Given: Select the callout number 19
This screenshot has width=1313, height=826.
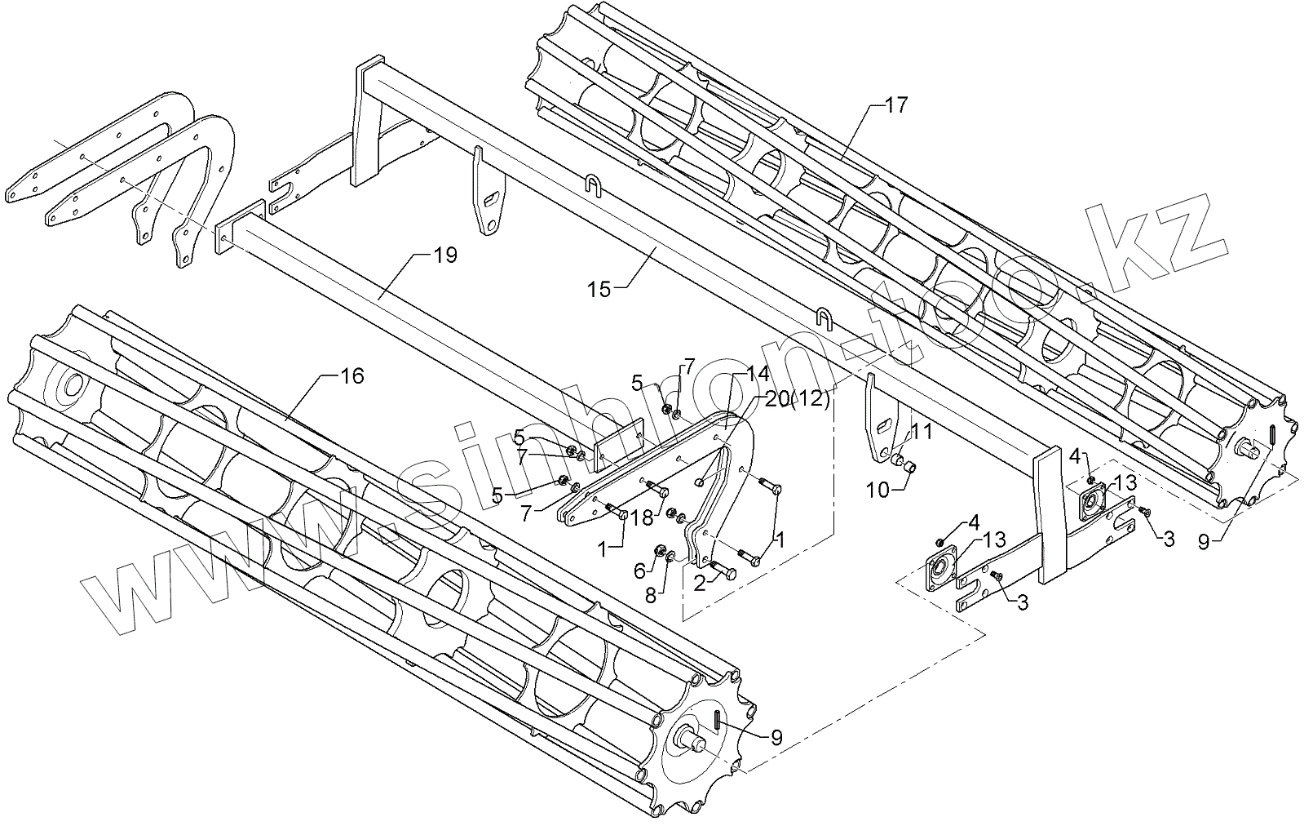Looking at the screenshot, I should [x=445, y=255].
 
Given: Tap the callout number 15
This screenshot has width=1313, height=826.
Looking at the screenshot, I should [x=599, y=289].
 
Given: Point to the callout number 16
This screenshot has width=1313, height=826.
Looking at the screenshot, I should [x=352, y=376].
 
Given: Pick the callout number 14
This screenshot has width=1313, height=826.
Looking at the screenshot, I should [x=758, y=374].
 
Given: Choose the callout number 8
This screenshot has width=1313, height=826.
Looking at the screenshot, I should [x=651, y=596].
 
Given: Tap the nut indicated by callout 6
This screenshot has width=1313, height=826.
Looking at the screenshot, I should [x=661, y=552].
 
